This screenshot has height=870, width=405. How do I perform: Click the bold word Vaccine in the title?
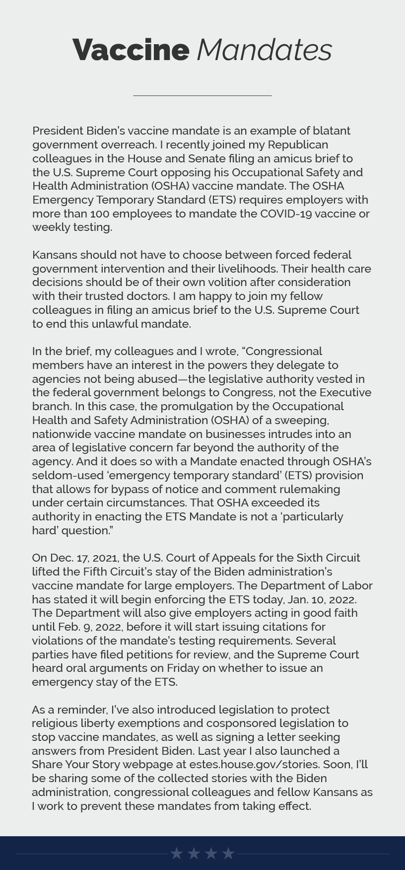pos(131,50)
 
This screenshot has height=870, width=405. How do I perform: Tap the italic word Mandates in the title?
pos(264,50)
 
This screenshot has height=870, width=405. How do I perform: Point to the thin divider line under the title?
pos(202,95)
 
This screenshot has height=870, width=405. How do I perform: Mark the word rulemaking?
pos(309,489)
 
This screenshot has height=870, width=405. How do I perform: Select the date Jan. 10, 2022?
pos(324,599)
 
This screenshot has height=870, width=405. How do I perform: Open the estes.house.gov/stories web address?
pos(254,764)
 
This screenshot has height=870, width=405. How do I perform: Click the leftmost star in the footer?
pos(177,853)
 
